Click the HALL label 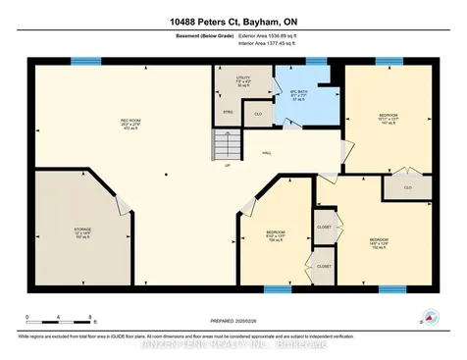267,153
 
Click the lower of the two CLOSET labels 324,266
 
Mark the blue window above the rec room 86,61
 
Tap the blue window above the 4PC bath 316,61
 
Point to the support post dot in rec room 167,175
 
